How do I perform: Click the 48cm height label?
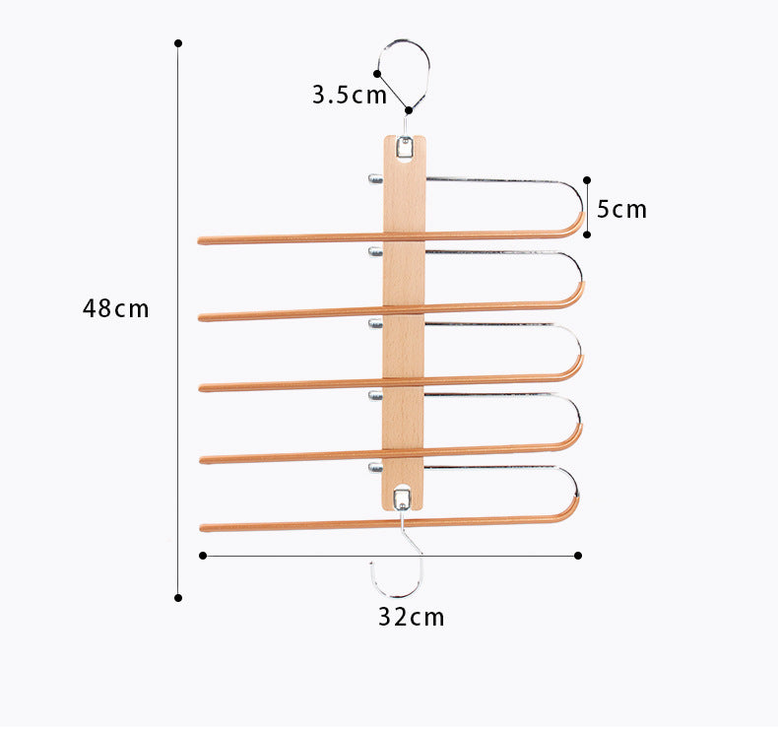click(x=115, y=308)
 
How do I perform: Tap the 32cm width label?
click(x=412, y=618)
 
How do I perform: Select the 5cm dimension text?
click(x=622, y=209)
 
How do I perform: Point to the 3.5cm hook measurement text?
click(x=350, y=96)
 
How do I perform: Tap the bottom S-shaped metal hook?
click(x=400, y=562)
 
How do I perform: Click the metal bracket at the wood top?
click(x=404, y=147)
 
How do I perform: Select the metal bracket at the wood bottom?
click(x=402, y=495)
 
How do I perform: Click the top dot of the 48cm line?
click(x=178, y=43)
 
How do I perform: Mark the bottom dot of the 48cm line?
click(x=178, y=597)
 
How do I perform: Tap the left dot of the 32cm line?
click(x=203, y=556)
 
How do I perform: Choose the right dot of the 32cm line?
click(x=578, y=556)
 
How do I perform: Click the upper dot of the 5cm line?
click(x=587, y=181)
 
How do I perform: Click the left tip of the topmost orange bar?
click(x=201, y=240)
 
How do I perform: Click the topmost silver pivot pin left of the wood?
click(x=375, y=179)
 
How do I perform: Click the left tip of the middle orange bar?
click(x=202, y=387)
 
